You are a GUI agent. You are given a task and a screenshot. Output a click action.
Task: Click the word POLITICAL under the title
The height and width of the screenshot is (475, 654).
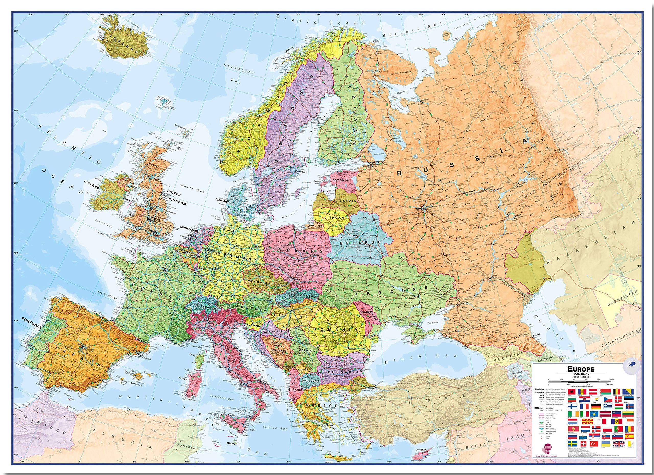click(582, 374)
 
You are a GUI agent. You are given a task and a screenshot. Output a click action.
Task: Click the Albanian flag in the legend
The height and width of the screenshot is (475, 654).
click(572, 392)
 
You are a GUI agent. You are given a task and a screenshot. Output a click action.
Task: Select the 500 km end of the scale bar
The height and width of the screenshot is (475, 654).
click(612, 380)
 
